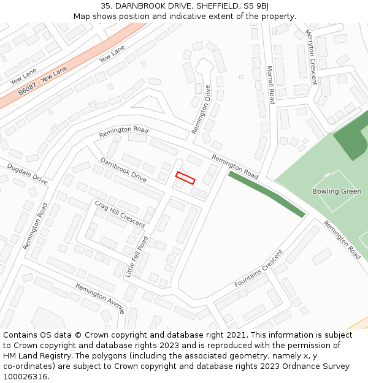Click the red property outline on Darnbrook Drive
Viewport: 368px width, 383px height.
click(185, 178)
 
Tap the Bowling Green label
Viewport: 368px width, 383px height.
click(337, 192)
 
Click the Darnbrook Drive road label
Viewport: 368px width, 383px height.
click(123, 170)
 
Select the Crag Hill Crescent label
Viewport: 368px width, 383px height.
click(120, 213)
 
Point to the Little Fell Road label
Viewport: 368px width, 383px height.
click(137, 257)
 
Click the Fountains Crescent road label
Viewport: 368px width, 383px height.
click(259, 268)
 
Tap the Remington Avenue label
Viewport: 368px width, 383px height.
click(99, 298)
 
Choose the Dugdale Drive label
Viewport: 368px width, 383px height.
click(27, 174)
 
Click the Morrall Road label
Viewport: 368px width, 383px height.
click(270, 85)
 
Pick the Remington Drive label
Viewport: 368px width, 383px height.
click(205, 109)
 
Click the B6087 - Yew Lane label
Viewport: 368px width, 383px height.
click(42, 81)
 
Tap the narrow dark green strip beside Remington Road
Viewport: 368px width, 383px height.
click(266, 194)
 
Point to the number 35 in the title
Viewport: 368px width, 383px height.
click(106, 6)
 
